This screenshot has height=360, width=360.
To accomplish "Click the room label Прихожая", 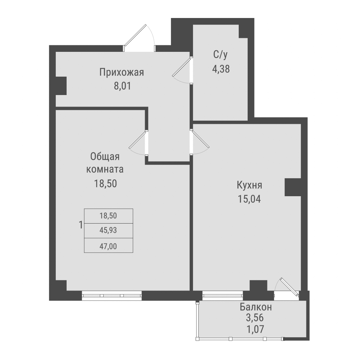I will click(122, 73).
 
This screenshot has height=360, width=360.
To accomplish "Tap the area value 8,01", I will click(122, 87).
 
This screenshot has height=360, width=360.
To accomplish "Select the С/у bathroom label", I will click(221, 55).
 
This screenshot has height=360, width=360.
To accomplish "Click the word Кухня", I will click(249, 186).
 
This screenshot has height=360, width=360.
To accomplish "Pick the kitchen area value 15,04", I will click(249, 199).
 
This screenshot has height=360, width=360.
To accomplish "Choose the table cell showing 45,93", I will click(108, 231).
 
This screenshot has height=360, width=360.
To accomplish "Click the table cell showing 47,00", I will click(108, 246).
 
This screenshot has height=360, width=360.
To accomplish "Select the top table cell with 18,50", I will click(108, 216).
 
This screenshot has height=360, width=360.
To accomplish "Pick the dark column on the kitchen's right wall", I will click(293, 188).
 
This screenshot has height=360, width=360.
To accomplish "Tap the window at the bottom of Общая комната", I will click(112, 296).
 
